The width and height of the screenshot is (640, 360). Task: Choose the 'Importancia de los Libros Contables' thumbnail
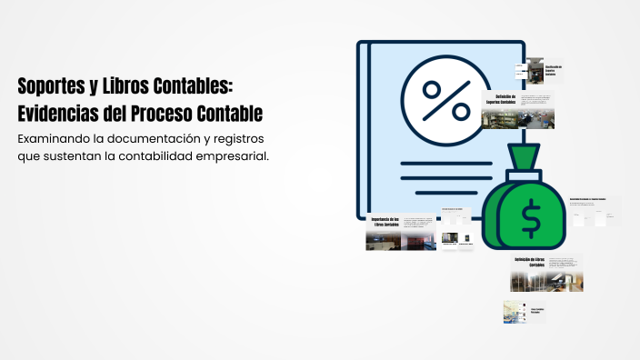pyautogui.click(x=401, y=233)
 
